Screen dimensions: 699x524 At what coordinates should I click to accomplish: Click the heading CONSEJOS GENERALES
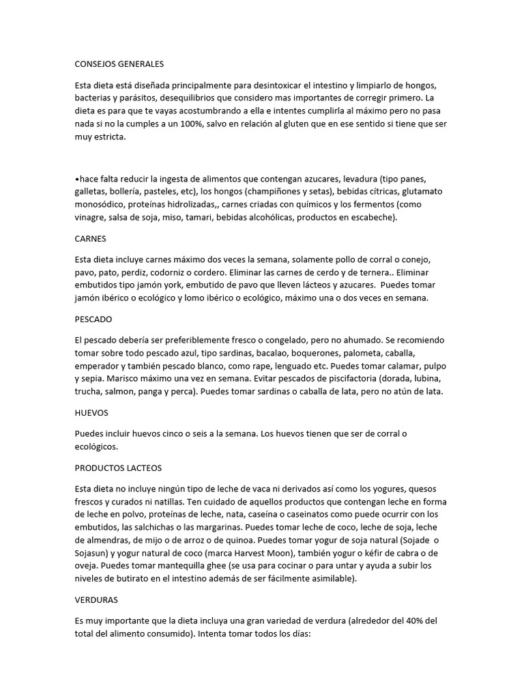click(119, 64)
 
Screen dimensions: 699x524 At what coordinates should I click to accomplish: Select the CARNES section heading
click(91, 240)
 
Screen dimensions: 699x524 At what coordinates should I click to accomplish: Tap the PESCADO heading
click(93, 319)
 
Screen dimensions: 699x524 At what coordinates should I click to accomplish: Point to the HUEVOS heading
click(91, 412)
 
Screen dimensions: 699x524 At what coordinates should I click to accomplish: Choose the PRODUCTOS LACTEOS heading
click(118, 468)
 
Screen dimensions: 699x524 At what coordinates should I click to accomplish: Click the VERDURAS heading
click(96, 600)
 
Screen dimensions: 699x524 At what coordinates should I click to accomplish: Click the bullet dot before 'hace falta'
click(76, 179)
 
